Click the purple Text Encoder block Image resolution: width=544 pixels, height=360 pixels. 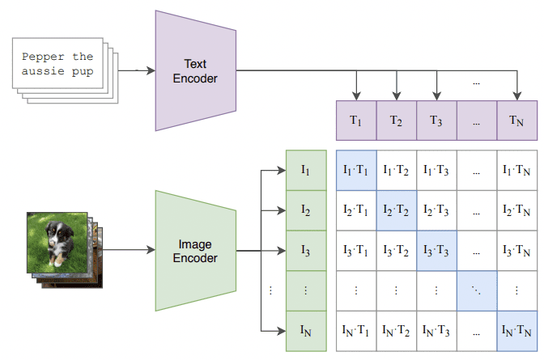coord(194,70)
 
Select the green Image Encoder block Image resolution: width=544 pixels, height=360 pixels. coord(194,251)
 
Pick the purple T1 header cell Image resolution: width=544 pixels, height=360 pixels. coord(355,121)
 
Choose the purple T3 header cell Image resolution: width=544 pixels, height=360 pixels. coord(436,121)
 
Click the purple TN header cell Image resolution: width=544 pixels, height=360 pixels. coord(516,121)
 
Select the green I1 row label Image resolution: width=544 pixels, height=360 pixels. coord(306,170)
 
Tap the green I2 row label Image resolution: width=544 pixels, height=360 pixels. coord(306,210)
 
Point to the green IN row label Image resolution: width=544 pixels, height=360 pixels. coord(306,331)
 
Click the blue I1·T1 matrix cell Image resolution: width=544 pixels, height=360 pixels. coord(355,170)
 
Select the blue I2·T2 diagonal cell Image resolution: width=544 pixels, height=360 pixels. coord(396,210)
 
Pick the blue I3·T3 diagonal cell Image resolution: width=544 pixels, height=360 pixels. coord(436,251)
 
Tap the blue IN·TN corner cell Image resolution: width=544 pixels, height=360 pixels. coord(516,331)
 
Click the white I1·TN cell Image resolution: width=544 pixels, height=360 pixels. coord(516,170)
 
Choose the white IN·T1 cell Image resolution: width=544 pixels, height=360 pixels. coord(355,331)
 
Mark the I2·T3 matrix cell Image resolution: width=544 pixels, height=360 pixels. coord(436,210)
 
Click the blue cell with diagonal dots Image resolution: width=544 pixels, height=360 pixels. coord(476,290)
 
